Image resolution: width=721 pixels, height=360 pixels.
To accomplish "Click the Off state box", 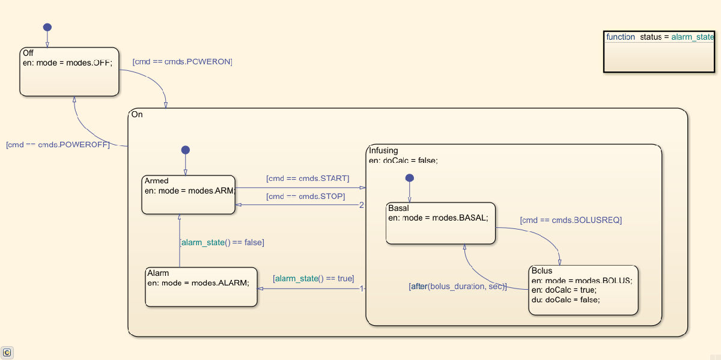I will [69, 72].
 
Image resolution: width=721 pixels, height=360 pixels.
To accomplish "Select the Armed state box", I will [188, 195].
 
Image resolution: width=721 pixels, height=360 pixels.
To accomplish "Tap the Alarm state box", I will [201, 288].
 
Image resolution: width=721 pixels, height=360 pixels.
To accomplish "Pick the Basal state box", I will [440, 224].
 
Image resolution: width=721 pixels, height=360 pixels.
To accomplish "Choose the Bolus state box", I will [583, 290].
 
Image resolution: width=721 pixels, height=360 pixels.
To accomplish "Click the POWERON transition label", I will [182, 62].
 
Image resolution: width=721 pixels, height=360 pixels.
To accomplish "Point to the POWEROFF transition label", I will [58, 145].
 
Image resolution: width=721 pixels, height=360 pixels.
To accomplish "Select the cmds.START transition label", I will [307, 178].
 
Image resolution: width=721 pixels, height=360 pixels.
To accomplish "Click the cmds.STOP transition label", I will [305, 197].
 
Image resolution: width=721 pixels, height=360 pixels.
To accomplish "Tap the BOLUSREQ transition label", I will [571, 221].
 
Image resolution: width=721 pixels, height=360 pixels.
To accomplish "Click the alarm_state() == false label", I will [222, 243].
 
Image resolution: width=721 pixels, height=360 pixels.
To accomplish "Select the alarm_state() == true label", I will [313, 279].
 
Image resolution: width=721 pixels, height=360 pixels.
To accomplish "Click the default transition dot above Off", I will [47, 27].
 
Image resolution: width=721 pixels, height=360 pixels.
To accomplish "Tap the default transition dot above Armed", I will [185, 150].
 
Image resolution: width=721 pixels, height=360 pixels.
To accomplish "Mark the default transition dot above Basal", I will [409, 178].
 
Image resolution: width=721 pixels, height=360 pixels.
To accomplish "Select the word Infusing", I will [383, 151].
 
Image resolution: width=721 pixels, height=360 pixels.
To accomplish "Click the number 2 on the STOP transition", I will [362, 205].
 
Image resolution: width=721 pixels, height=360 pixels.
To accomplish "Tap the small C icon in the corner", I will [7, 353].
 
